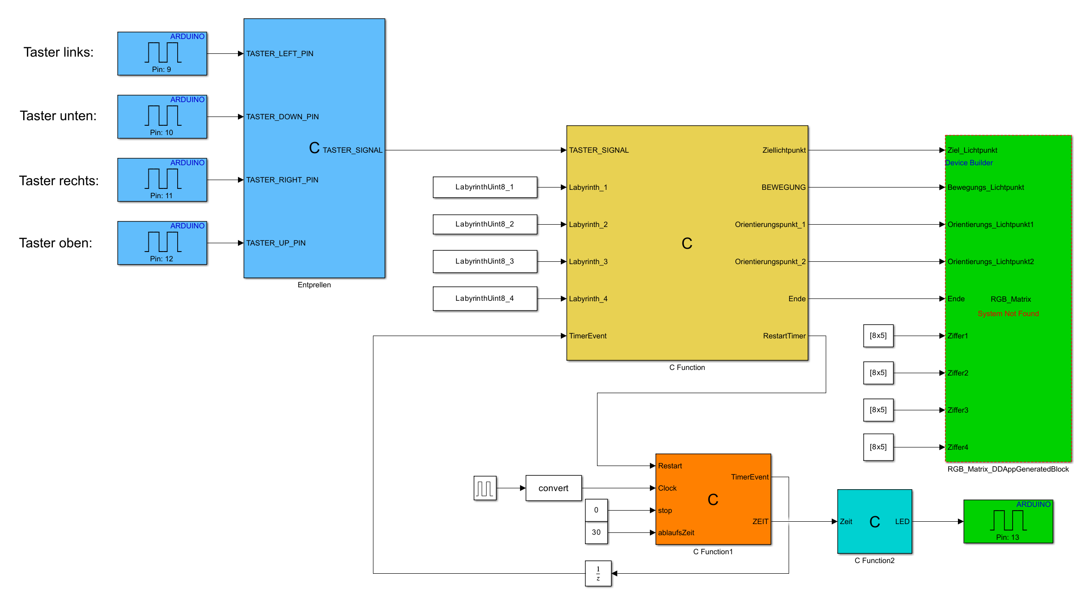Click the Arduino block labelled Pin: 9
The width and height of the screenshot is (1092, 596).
pos(162,53)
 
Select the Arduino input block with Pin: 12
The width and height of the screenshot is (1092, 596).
pos(162,243)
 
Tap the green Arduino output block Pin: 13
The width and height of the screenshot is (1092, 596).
pos(1008,521)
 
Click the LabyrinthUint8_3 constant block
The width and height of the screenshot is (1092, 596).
pos(485,261)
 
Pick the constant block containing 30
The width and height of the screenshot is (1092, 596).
pos(596,532)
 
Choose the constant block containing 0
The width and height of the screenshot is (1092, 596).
pos(596,510)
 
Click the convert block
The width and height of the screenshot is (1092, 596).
pos(553,488)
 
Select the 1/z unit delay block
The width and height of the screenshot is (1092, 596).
pos(598,573)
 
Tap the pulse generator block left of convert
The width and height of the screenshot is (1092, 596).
pos(485,488)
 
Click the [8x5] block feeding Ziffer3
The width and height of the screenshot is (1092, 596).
pos(878,410)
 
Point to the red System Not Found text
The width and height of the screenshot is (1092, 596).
pos(1008,314)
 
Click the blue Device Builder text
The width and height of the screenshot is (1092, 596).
pos(969,163)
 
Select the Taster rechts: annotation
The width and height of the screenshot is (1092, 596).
pos(59,181)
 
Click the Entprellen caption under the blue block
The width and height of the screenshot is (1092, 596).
pos(314,285)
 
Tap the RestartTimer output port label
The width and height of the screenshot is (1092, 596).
pos(784,336)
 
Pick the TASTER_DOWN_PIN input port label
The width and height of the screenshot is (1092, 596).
pos(283,117)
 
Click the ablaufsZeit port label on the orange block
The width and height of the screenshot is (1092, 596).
pos(676,532)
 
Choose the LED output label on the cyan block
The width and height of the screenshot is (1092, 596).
pos(902,521)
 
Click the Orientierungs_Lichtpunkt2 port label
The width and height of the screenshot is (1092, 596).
pos(990,261)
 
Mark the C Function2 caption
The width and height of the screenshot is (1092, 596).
pos(874,561)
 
